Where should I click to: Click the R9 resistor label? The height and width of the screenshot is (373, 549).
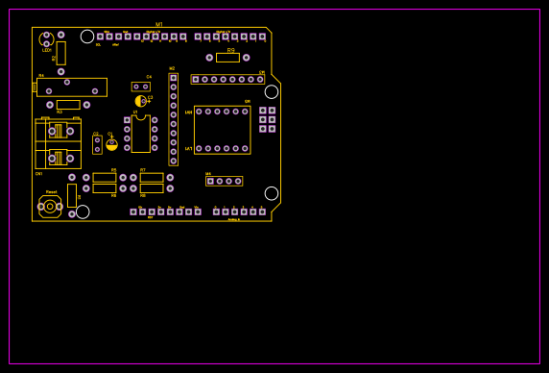coord(230,49)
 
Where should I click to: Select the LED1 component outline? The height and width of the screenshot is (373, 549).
coord(46,39)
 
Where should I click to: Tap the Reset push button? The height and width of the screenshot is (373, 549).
coord(50,206)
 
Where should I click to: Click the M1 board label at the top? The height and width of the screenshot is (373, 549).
coord(159,25)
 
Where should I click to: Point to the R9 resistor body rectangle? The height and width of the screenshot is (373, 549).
coord(227,58)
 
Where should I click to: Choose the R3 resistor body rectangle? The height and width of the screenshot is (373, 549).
coord(68,105)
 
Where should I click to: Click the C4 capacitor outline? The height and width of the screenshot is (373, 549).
coord(141,87)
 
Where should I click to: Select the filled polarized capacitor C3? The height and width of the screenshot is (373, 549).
coord(140,101)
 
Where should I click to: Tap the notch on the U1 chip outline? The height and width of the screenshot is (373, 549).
coord(141,117)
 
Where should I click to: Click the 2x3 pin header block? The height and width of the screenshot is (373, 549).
coord(267,119)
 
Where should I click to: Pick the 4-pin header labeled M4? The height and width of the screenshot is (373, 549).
coord(224,181)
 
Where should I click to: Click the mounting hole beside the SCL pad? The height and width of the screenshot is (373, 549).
coord(87,37)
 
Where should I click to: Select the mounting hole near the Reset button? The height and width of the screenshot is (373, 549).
coord(83,211)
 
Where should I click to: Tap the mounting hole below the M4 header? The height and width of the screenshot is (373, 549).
coord(272,193)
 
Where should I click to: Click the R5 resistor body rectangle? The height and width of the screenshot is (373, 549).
coord(104,178)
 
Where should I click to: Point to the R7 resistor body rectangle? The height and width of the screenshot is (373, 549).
coord(152,178)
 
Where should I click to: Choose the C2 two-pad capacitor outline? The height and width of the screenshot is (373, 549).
coord(97,144)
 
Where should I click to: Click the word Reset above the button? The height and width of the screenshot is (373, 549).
coord(51,191)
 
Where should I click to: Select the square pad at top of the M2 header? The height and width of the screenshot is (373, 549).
coord(174,78)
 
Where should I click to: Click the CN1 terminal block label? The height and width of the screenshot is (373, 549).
coord(38,174)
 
